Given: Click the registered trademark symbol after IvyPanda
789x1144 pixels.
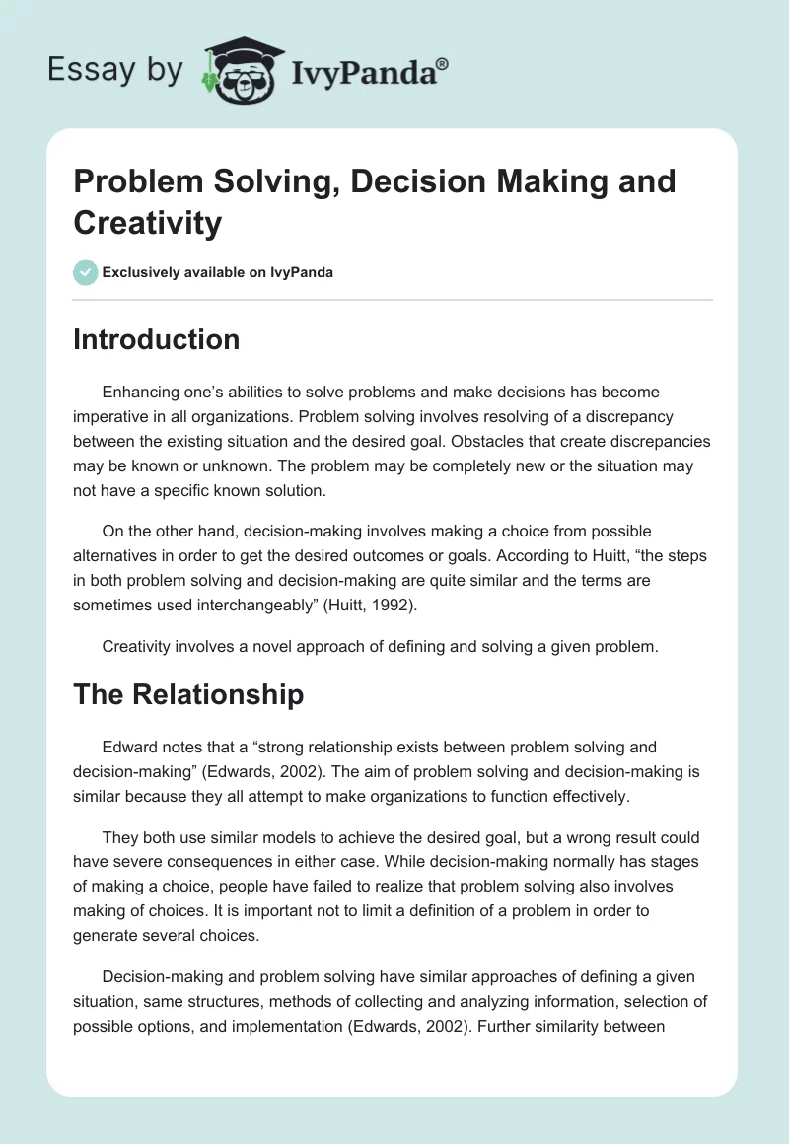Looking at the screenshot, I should click(x=443, y=62).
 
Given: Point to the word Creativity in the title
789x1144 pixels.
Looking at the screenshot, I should click(x=148, y=222).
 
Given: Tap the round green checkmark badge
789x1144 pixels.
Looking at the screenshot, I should click(x=86, y=272).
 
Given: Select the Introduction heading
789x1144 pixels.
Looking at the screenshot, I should click(x=156, y=339).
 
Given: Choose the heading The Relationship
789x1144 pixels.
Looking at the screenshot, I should click(x=187, y=694).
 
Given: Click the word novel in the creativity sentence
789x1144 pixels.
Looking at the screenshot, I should click(x=269, y=646).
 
